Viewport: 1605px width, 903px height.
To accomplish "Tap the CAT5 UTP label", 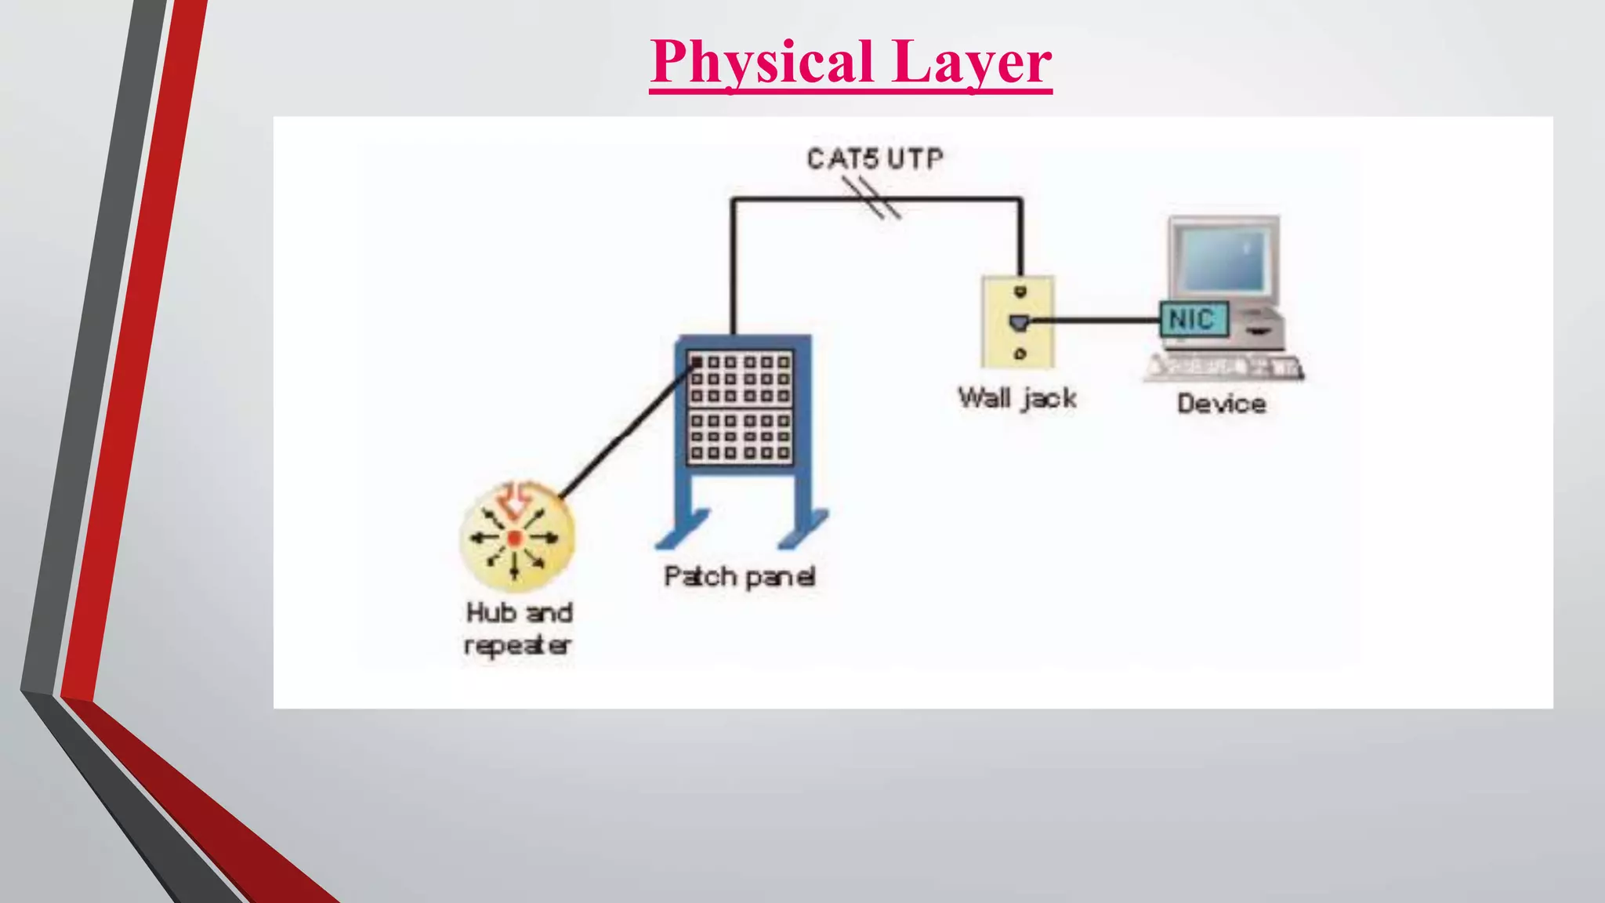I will point(875,159).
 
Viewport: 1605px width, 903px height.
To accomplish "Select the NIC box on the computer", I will point(1193,319).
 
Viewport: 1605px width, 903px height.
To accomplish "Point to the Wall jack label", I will point(1016,398).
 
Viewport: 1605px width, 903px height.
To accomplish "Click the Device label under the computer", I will point(1221,404).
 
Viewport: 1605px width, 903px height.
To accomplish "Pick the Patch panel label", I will point(739,577).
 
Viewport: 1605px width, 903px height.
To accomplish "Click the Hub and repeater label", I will point(518,628).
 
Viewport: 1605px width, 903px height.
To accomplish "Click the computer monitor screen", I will point(1224,259).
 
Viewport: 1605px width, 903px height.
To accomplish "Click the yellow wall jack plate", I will point(1018,321).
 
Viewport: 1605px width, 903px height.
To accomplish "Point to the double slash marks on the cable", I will point(871,198).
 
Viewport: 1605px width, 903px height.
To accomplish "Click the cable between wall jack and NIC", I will point(1097,320).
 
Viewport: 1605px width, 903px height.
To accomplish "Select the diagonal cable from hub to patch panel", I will point(627,431).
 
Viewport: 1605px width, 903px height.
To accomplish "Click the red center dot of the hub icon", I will point(514,538).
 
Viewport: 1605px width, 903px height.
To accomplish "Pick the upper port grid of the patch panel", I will point(740,379).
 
